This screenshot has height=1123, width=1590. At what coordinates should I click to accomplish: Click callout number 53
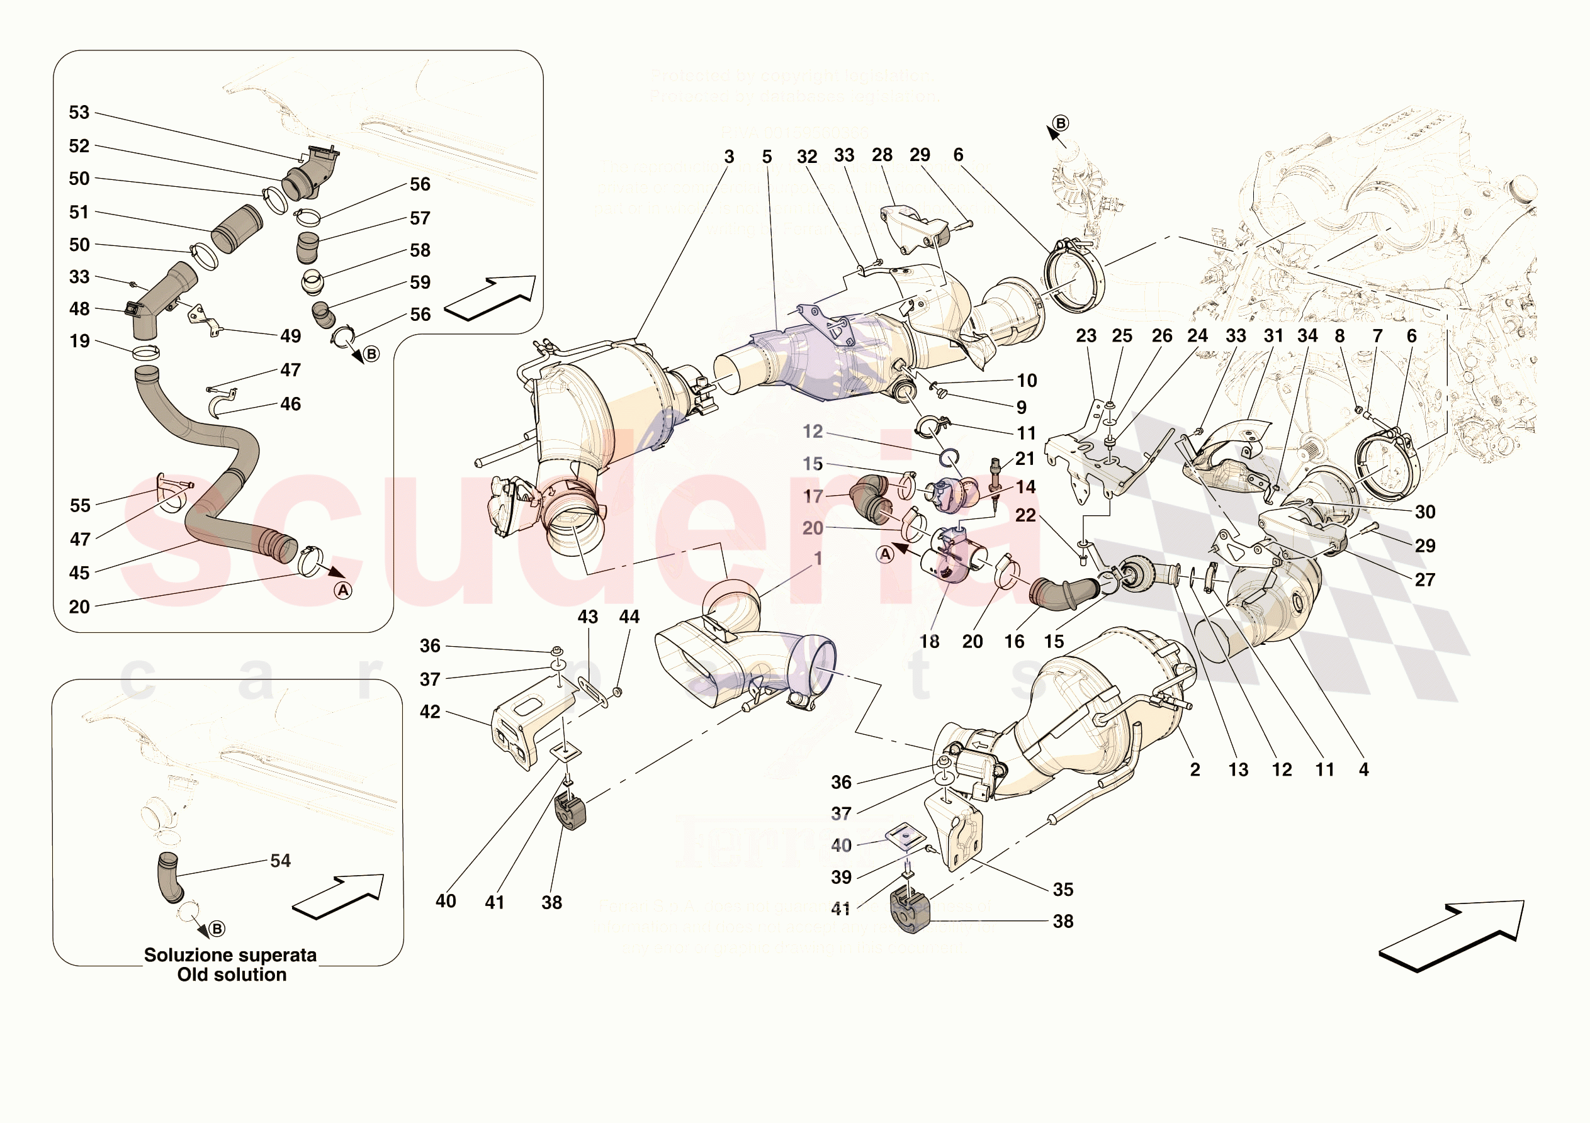coord(79,113)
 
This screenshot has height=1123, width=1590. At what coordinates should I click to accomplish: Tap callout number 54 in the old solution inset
coord(281,861)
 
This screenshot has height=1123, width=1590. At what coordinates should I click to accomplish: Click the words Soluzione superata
coord(230,956)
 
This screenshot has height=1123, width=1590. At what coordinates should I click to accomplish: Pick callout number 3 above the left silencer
coord(729,157)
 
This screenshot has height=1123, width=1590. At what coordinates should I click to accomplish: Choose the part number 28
coord(882,155)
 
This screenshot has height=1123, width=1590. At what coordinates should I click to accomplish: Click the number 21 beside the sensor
coord(1025,459)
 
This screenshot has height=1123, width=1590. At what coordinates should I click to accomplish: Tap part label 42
coord(430,712)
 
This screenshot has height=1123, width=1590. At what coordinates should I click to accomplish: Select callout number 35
coord(1063,890)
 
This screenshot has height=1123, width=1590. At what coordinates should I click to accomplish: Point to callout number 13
coord(1238,770)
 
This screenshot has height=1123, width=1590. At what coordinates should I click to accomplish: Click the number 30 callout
coord(1425,512)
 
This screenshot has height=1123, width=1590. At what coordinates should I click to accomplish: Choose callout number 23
coord(1086,336)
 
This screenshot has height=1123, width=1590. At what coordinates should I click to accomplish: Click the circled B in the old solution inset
coord(217,929)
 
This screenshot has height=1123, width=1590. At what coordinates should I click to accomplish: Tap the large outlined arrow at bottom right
coord(1451,935)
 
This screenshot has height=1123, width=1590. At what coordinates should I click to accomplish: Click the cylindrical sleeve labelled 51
coord(237,229)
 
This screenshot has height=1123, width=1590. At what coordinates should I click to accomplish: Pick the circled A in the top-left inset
coord(343,591)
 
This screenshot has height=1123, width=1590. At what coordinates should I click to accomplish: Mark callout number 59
coord(420,282)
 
